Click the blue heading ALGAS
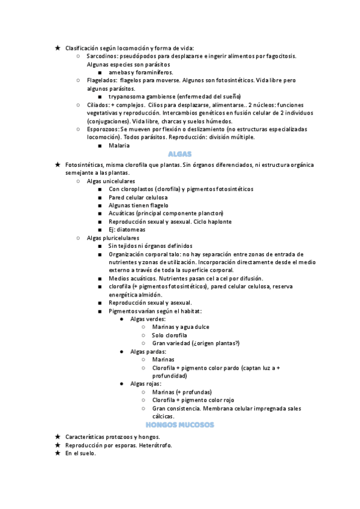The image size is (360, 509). (x=179, y=154)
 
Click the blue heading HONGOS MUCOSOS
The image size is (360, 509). (x=179, y=424)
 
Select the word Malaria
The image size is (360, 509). (x=119, y=145)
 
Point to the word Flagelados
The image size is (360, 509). (x=101, y=80)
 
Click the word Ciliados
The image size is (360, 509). (x=98, y=104)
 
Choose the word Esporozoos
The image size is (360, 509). (x=103, y=129)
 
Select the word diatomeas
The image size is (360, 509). (x=130, y=229)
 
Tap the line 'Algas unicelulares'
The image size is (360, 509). (x=110, y=181)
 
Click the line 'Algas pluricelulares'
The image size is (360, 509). (x=113, y=238)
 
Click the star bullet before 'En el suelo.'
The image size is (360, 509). (x=57, y=453)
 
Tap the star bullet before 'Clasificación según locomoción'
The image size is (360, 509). (x=57, y=47)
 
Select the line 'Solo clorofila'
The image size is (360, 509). (x=170, y=335)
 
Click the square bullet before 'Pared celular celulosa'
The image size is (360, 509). (x=100, y=197)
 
